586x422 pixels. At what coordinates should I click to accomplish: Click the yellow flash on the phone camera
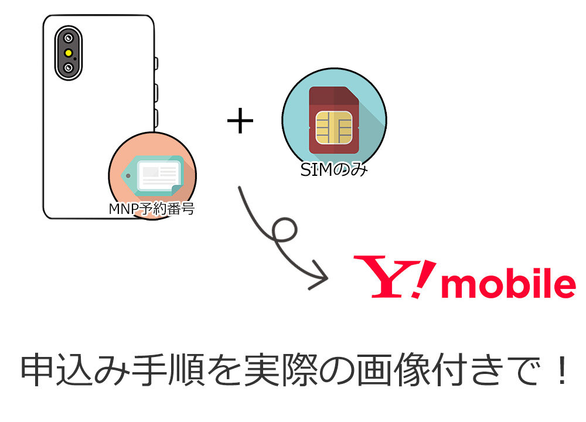[69, 53]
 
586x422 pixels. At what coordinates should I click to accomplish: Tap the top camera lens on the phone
[69, 38]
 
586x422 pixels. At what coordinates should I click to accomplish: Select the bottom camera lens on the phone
[69, 67]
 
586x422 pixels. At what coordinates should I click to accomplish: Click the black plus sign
[240, 121]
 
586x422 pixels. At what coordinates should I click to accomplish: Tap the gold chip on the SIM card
[334, 128]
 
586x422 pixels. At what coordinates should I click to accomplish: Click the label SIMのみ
[334, 170]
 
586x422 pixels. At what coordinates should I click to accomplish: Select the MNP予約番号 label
[151, 209]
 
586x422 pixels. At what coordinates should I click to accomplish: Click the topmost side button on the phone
[156, 63]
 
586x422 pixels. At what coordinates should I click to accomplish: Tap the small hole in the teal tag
[128, 175]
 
